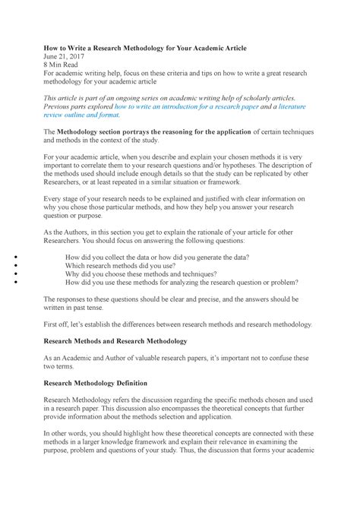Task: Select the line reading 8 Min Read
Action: coord(63,66)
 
